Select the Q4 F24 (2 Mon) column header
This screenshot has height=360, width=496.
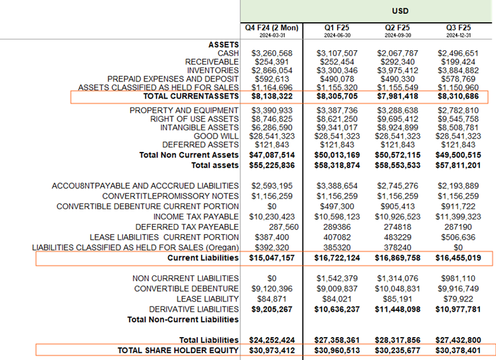click(x=272, y=27)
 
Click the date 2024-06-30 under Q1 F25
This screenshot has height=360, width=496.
click(x=338, y=36)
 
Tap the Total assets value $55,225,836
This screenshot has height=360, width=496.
click(x=272, y=165)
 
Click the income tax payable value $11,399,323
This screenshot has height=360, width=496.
click(x=460, y=217)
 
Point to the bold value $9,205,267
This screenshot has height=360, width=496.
click(x=272, y=309)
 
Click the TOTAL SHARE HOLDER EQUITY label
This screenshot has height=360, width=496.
click(x=178, y=350)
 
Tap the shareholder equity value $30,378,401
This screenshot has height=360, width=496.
click(x=460, y=350)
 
